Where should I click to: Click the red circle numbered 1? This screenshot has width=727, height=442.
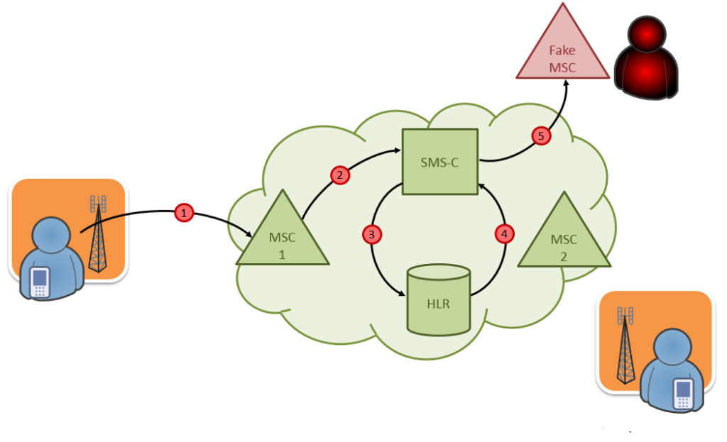184,212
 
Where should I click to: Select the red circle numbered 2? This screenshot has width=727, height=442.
339,175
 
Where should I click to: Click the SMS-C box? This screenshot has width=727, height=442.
440,162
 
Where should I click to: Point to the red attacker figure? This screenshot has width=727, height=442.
646,60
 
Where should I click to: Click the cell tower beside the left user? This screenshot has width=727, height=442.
97,234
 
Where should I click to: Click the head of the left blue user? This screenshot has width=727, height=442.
50,237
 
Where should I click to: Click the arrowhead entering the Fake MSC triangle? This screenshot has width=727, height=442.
567,82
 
